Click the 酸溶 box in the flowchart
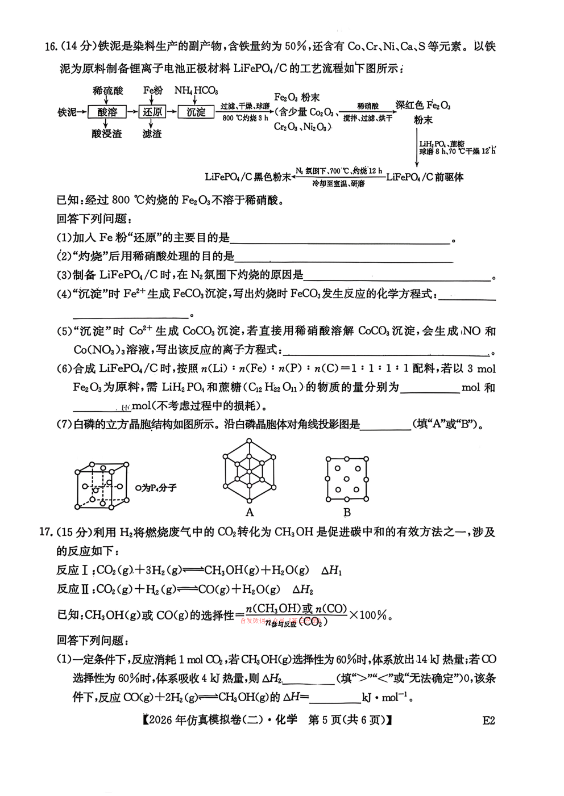107,112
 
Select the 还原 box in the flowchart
152,112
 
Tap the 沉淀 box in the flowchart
196,112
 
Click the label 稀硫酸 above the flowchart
107,90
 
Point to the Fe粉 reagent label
152,90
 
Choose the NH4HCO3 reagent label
196,90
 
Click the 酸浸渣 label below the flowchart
107,134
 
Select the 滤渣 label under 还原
152,134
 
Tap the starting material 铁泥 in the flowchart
67,112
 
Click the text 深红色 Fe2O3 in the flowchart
424,106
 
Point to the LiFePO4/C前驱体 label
425,177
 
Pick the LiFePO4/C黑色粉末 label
248,177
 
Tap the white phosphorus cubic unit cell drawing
101,485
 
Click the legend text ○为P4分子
156,487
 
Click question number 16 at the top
51,47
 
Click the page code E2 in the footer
488,720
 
